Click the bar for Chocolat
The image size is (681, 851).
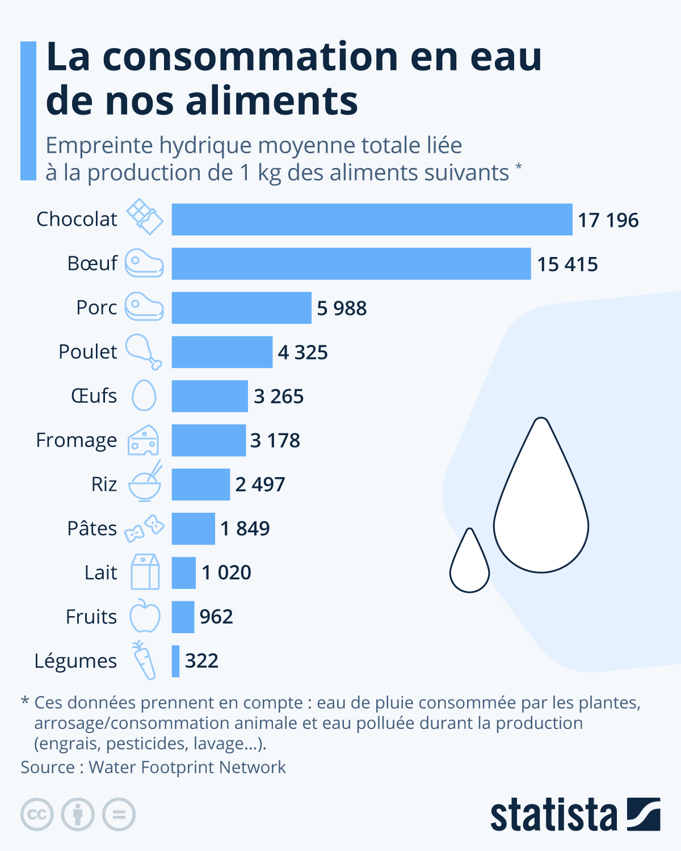[x=372, y=220]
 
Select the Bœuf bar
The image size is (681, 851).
[x=351, y=264]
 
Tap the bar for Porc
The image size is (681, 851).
[x=241, y=308]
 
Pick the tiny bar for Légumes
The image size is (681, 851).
[x=176, y=661]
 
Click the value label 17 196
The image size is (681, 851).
[x=608, y=220]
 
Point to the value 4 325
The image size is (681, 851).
[x=302, y=352]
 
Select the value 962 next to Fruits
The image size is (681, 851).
[x=216, y=617]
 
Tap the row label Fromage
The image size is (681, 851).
[x=76, y=441]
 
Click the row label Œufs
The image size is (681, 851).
[x=94, y=396]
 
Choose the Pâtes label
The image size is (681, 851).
[x=91, y=529]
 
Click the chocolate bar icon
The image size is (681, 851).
[x=145, y=217]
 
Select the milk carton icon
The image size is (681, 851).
[x=145, y=572]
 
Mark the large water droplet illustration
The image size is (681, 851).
[x=541, y=505]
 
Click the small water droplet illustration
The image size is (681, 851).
[x=469, y=564]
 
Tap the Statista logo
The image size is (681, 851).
[x=575, y=815]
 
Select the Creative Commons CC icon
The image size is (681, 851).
[x=37, y=815]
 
